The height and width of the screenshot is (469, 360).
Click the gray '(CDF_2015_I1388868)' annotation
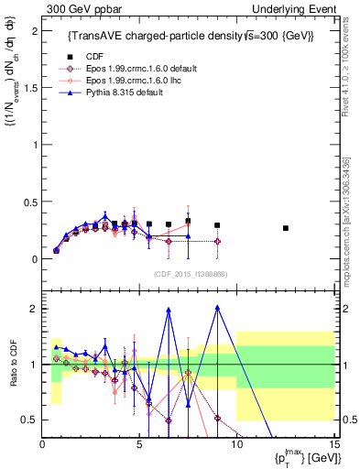[x=190, y=274]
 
